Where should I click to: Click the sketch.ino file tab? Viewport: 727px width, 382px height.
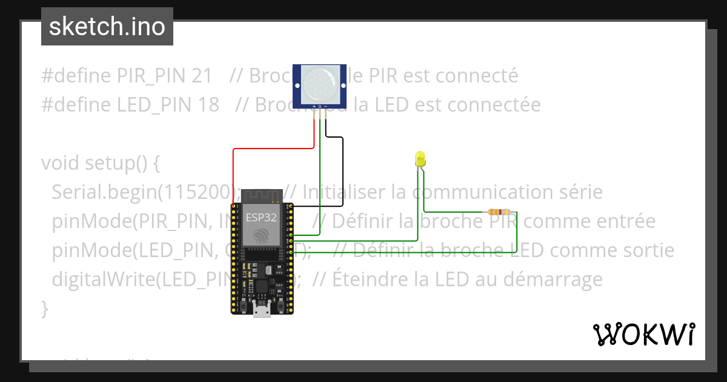(x=107, y=27)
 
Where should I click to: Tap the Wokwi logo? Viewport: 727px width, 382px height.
(x=643, y=333)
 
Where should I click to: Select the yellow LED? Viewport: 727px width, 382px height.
(x=419, y=159)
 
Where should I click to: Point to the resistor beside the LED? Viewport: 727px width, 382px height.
(x=499, y=212)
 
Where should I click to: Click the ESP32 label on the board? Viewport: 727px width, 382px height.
(x=261, y=217)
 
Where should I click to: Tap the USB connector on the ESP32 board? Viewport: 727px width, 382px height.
(x=262, y=310)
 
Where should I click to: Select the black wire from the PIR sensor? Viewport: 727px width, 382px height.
(x=343, y=176)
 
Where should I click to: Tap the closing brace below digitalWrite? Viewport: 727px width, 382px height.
(x=44, y=309)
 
